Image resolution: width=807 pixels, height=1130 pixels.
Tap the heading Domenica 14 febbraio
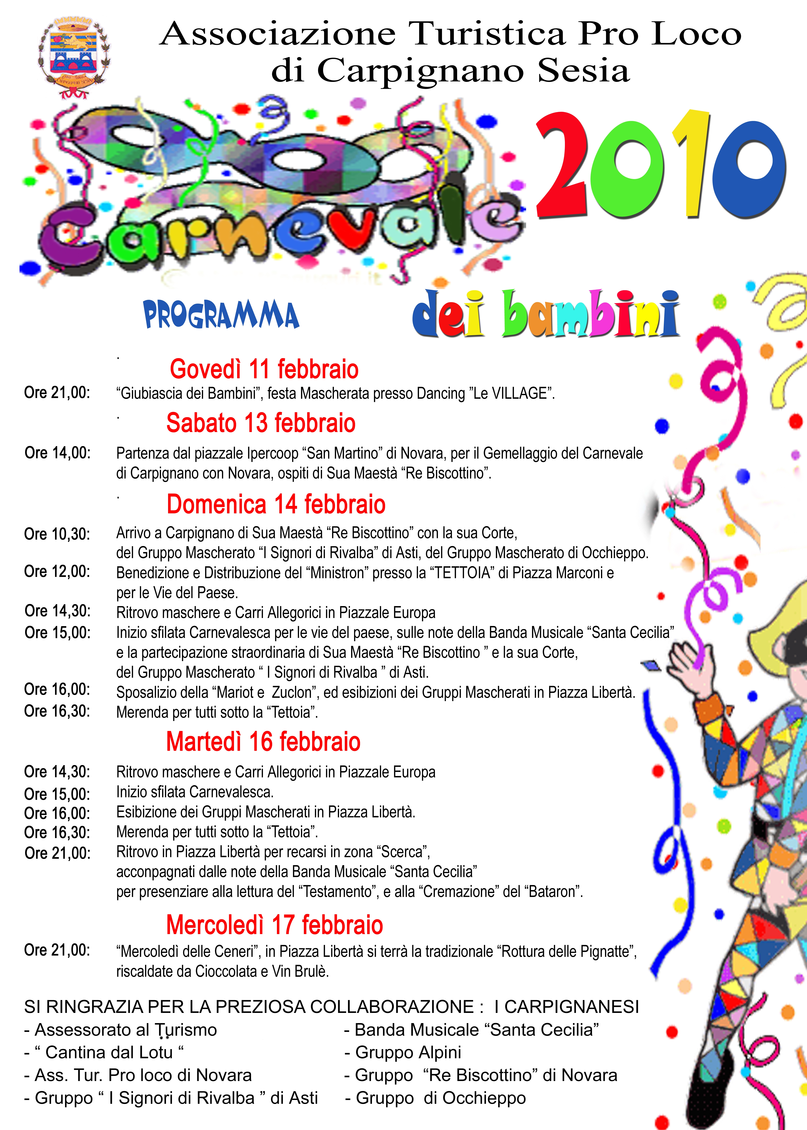(x=276, y=504)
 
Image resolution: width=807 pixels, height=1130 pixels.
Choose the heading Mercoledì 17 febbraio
(x=274, y=925)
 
